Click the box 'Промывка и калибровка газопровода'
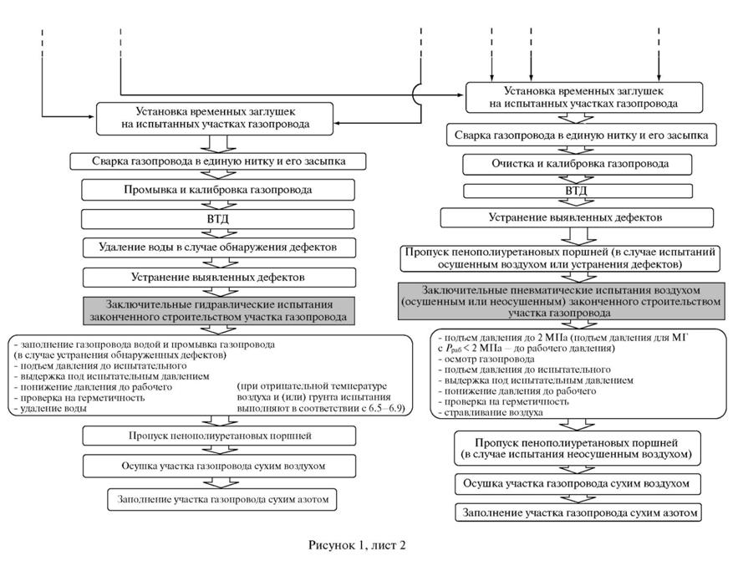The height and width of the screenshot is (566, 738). tap(218, 191)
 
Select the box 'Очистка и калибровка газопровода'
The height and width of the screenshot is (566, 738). tap(578, 165)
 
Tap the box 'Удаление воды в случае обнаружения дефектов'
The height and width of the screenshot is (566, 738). tap(219, 247)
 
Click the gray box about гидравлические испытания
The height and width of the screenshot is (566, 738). tap(219, 311)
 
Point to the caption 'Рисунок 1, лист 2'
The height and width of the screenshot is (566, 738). tap(357, 545)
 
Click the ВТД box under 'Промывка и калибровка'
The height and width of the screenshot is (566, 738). tap(218, 219)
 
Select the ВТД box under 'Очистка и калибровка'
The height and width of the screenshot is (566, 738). tap(578, 191)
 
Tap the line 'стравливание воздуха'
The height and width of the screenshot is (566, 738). tap(490, 413)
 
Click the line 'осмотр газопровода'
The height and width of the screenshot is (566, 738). tap(482, 359)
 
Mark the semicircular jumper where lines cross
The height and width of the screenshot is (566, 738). tap(416, 94)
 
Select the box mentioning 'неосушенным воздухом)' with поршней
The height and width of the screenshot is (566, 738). tap(577, 448)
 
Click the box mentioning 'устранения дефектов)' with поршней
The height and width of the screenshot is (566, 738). tap(560, 258)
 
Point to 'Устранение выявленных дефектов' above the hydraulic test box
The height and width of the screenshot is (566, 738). tap(219, 278)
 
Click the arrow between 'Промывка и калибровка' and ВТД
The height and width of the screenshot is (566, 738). tap(218, 205)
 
